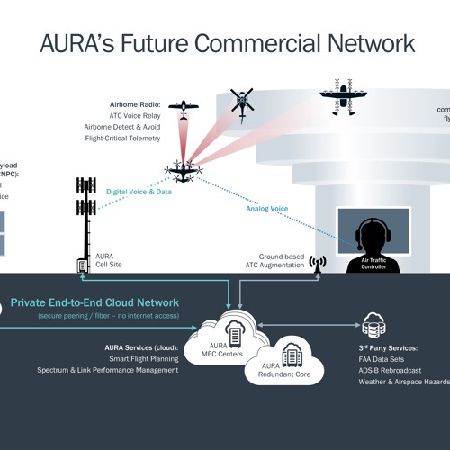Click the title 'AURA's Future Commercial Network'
[x=228, y=43]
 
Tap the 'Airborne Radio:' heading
[x=135, y=104]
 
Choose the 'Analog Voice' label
[x=267, y=209]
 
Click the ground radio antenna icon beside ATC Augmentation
[x=317, y=264]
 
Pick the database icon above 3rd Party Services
[x=373, y=323]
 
